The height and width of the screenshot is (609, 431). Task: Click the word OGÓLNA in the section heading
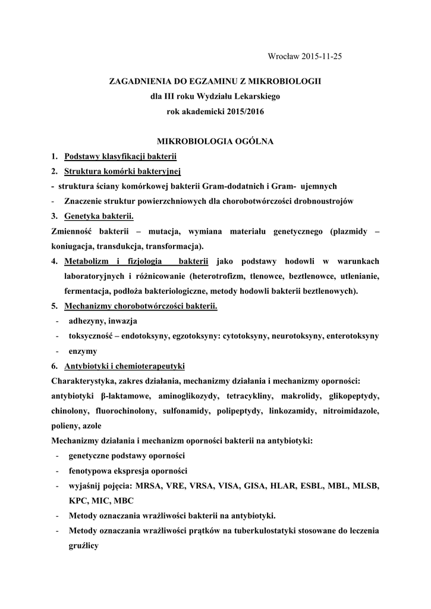251,142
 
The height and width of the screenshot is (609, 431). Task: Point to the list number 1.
54,156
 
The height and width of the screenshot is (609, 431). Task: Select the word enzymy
83,351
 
